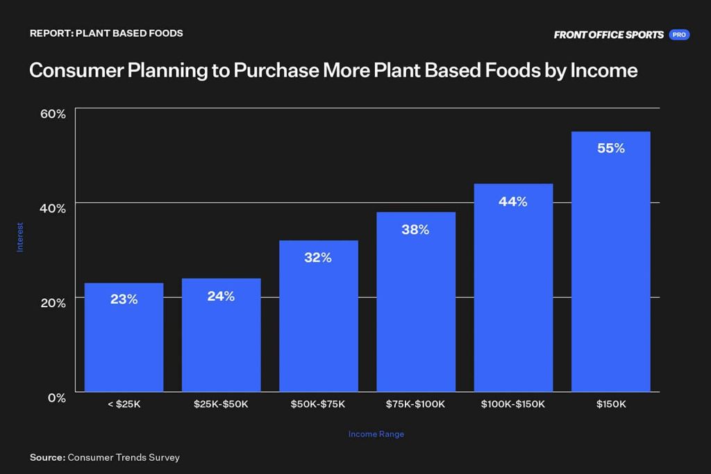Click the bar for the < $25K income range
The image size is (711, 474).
[x=124, y=337]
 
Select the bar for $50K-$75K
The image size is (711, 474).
[x=318, y=316]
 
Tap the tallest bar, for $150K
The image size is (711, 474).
[x=611, y=261]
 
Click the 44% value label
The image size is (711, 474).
[x=513, y=202]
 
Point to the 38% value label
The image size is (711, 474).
[x=415, y=230]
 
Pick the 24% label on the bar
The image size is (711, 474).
[x=221, y=297]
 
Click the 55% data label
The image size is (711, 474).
[x=611, y=148]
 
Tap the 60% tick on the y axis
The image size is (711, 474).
[x=53, y=114]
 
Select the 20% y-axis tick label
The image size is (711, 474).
[x=53, y=303]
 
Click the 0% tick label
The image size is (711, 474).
[x=57, y=398]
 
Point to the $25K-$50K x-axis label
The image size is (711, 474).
[x=221, y=404]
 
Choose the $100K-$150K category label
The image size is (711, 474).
[x=513, y=404]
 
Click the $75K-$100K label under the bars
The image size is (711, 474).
[x=415, y=404]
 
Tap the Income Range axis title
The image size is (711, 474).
[x=376, y=434]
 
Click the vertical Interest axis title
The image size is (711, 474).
[x=20, y=237]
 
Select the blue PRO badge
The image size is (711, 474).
[x=679, y=35]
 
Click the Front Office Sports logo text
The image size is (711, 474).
[x=608, y=35]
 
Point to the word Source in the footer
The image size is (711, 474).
[x=48, y=457]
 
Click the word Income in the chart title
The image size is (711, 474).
[x=603, y=70]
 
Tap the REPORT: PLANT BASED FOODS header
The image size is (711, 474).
[x=106, y=33]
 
